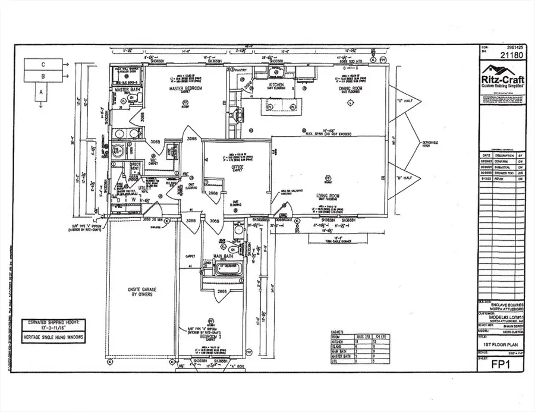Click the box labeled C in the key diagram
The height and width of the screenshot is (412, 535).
[x=43, y=64]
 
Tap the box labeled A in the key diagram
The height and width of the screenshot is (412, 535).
[x=41, y=92]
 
